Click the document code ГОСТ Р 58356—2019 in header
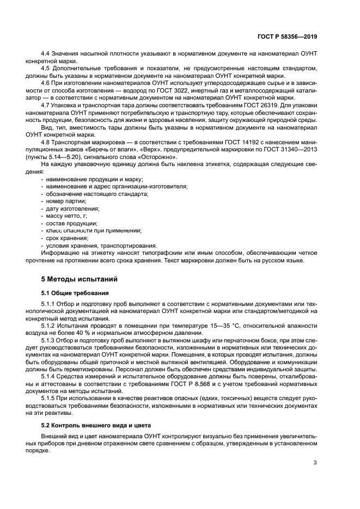tap(286, 37)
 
